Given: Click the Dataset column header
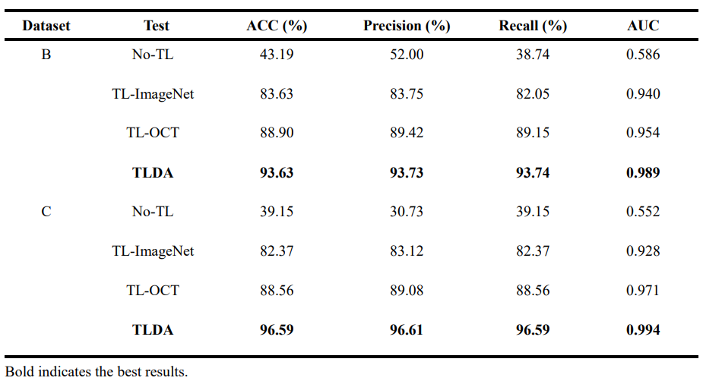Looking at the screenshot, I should click(46, 26).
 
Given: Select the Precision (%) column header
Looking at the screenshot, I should click(407, 26).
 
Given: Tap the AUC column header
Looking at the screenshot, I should click(643, 26).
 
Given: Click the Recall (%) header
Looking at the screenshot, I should click(533, 26).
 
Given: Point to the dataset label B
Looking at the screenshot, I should click(46, 55).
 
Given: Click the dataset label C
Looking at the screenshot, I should click(46, 212).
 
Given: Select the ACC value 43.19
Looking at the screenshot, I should click(277, 55).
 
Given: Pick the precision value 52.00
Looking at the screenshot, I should click(407, 55).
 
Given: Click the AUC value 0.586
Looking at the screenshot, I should click(643, 55).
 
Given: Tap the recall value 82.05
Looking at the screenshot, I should click(533, 94).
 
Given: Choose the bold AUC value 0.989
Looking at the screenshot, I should click(643, 172).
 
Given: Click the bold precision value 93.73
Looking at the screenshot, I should click(407, 172).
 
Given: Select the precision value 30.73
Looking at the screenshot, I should click(407, 212).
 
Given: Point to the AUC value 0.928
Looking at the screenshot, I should click(643, 251).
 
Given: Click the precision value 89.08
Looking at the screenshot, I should click(407, 290).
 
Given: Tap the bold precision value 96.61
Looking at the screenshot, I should click(407, 329).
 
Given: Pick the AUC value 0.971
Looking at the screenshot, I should click(643, 290).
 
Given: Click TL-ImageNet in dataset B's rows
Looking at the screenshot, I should click(153, 94).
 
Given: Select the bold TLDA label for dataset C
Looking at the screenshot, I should click(153, 329).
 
